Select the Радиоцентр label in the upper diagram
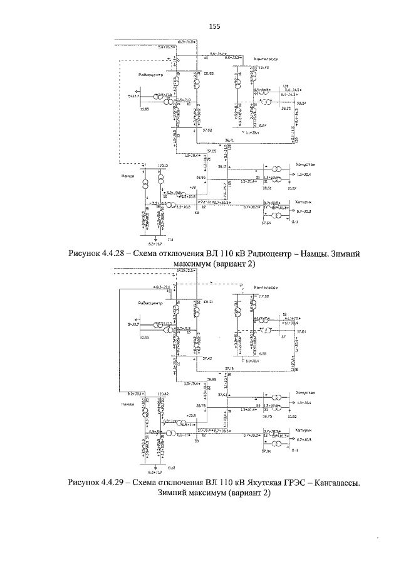point(151,75)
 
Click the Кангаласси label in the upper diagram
point(266,60)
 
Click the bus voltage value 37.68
point(208,131)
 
